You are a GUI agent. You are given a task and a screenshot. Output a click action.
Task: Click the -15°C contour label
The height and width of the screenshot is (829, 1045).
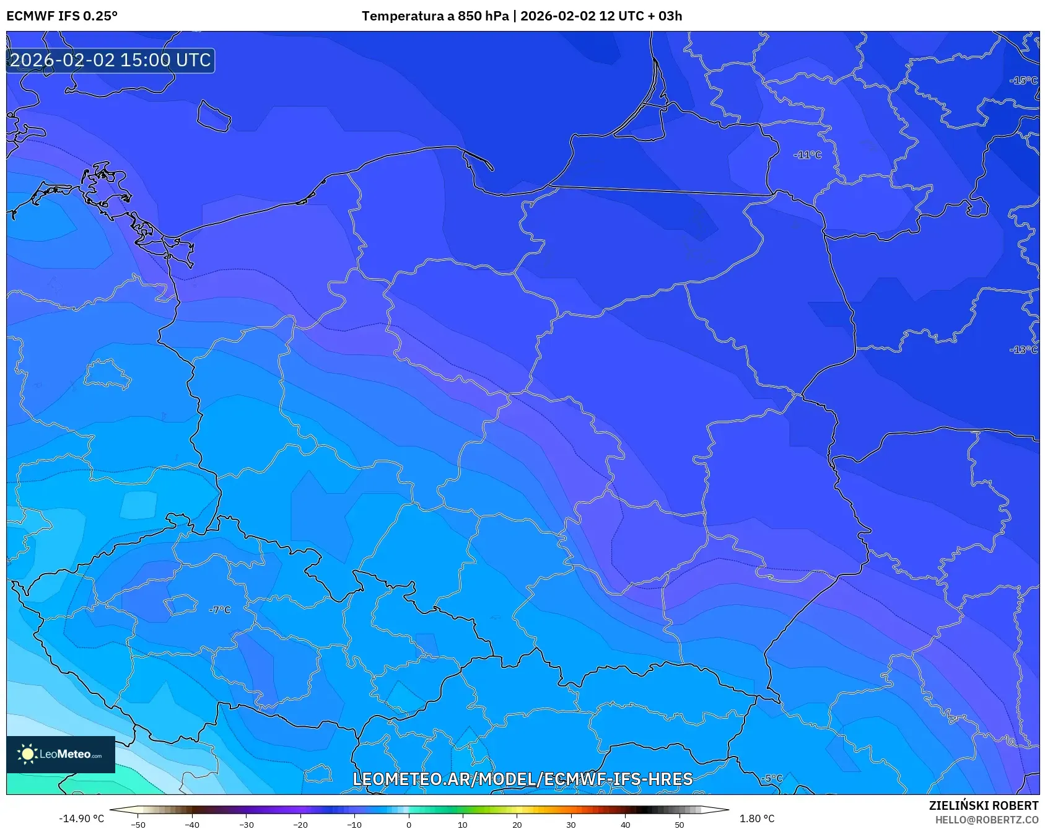coord(1023,81)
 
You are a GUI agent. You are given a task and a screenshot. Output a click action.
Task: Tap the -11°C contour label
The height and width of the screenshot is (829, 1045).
coord(807,155)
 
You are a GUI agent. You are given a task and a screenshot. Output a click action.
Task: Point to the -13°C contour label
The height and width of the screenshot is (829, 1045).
coord(1023,350)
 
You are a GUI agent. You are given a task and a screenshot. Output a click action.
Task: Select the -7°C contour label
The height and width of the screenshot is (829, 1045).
coord(220,610)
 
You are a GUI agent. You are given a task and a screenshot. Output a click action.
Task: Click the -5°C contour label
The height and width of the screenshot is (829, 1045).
coord(772,778)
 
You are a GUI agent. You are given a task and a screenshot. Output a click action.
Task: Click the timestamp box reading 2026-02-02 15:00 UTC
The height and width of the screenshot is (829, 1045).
coord(110,60)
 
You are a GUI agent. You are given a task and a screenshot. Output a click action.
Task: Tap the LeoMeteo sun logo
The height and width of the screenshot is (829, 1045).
coord(27,754)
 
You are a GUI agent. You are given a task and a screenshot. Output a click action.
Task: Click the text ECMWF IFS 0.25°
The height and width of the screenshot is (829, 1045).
coord(61,16)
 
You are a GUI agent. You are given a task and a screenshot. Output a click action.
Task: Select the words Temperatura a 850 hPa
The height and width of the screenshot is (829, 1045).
coord(435,16)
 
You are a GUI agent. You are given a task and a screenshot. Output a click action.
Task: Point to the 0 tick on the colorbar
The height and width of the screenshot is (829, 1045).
coord(408,825)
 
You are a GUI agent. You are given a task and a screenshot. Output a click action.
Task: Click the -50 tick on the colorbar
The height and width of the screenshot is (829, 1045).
coord(138,825)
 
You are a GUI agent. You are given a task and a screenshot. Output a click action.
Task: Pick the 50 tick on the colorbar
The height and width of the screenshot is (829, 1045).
coord(680,825)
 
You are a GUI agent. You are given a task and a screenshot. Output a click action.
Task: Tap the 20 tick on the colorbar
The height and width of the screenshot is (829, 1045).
coord(517,825)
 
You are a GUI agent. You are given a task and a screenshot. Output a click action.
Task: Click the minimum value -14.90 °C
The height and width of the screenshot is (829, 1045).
coord(81,818)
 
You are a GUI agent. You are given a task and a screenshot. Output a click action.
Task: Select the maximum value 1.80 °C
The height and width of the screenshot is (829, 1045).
coord(757,818)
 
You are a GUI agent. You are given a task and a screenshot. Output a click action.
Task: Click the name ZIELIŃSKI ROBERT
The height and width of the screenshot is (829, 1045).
coord(983,805)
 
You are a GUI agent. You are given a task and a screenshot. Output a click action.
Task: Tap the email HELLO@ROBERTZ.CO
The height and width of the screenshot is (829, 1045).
coord(986,820)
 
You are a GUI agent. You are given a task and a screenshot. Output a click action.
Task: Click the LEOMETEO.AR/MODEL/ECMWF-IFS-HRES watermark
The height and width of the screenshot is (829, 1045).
coord(522,779)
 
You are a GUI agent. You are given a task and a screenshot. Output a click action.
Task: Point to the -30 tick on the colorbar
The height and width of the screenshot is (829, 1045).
coord(247,825)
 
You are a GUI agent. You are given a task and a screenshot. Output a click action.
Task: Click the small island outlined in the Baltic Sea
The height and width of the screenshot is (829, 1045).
coord(214,116)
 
